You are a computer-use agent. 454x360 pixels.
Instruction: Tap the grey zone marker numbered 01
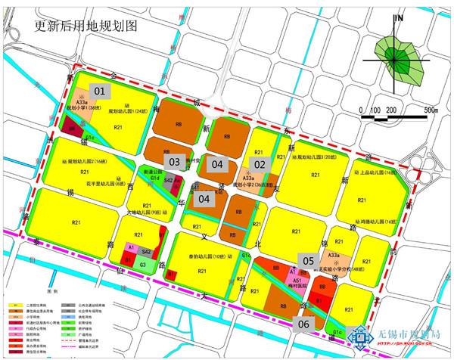pyautogui.click(x=100, y=92)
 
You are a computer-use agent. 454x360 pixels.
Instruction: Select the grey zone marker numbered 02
pyautogui.click(x=260, y=164)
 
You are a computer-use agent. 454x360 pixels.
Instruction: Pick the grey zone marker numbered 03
pyautogui.click(x=174, y=162)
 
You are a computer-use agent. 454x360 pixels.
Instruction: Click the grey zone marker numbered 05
pyautogui.click(x=308, y=259)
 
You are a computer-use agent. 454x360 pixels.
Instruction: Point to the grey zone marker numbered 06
pyautogui.click(x=304, y=324)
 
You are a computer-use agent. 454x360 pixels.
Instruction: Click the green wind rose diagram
pyautogui.click(x=400, y=58)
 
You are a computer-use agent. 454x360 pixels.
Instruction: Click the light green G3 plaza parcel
pyautogui.click(x=143, y=265)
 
